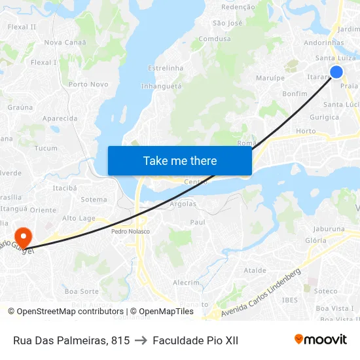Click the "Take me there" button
coord(180,160)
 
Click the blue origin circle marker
coord(336,72)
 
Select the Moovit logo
coord(320,339)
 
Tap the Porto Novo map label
coord(88,84)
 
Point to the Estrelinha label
coord(166,68)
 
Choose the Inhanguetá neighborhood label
coord(161,86)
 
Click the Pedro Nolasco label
coord(130,231)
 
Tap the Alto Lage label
coord(79,218)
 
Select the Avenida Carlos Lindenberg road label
coord(261,293)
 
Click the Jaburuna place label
coord(329,229)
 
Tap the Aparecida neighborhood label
coord(60,118)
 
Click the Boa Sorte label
coord(82,291)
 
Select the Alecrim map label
coord(186,282)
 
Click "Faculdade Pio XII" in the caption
coord(195,340)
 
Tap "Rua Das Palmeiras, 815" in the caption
coord(71,340)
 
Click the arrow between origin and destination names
coord(141,340)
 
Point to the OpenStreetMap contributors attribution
coord(70,312)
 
